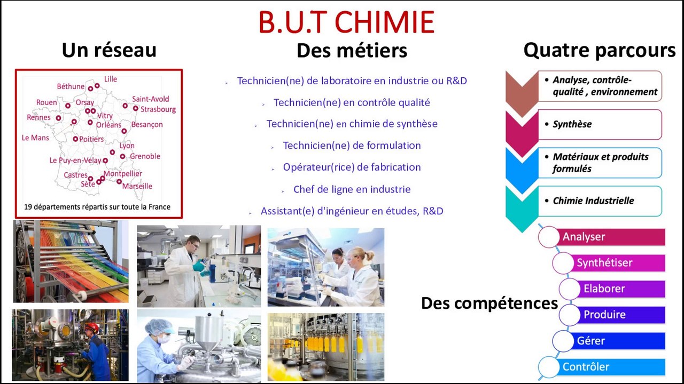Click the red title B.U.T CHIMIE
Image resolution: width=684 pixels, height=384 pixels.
coord(346,22)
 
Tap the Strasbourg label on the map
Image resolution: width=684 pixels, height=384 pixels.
coord(158,109)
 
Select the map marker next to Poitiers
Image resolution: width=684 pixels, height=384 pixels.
coord(75,139)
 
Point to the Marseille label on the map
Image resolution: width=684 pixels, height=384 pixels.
coord(137,186)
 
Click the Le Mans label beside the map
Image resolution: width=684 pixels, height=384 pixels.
coord(35,138)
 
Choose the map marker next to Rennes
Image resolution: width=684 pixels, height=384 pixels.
coord(58,118)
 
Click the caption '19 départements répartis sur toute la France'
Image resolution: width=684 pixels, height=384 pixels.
coord(97,207)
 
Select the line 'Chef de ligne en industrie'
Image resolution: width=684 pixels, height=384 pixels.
coord(352,189)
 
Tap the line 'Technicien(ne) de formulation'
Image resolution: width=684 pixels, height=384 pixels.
coord(352,146)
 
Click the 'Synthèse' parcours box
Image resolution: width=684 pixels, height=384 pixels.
coord(600,124)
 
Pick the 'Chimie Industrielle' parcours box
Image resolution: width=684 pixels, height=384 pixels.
coord(600,201)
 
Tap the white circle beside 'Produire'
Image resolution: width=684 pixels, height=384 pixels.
coord(570,315)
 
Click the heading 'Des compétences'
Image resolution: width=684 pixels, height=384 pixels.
coord(489,303)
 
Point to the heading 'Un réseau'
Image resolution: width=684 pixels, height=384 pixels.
coord(109,50)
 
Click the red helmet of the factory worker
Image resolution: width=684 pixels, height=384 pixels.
coord(92,327)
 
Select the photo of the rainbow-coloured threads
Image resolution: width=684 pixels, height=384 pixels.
coord(71,261)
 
